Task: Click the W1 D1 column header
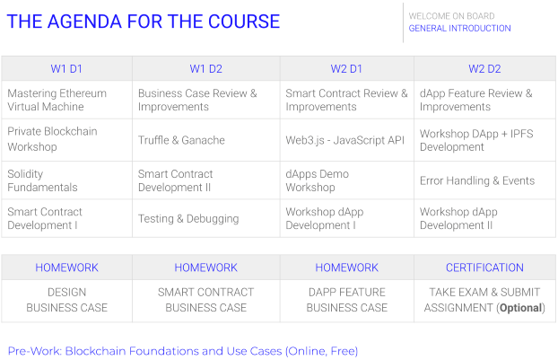tap(66, 69)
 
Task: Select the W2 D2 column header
tap(484, 69)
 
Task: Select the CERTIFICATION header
tap(484, 268)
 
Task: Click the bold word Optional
tap(521, 308)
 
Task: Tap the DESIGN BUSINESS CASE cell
tap(67, 300)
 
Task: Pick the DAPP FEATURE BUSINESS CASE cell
tap(347, 300)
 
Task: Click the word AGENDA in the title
tap(84, 22)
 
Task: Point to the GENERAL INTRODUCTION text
tap(459, 28)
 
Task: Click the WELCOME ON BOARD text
tap(451, 16)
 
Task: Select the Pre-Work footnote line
tap(183, 351)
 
